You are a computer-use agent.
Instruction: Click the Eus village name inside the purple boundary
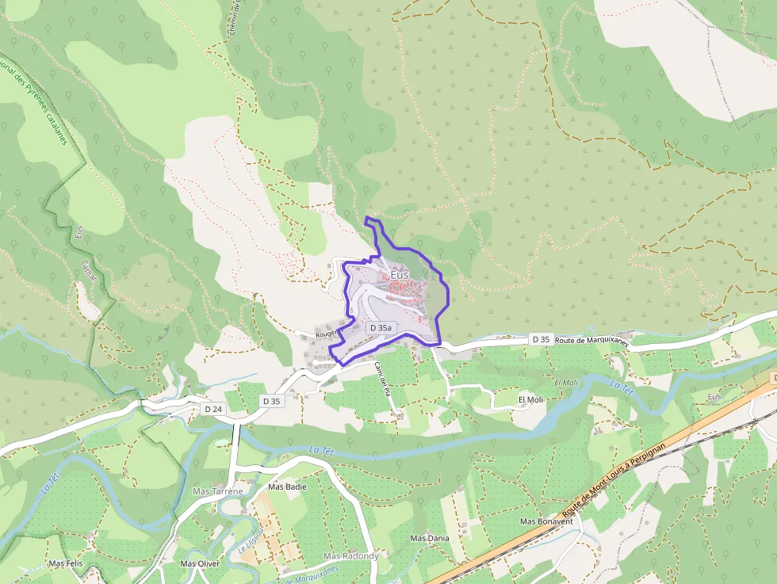click(400, 274)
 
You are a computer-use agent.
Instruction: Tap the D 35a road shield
click(380, 327)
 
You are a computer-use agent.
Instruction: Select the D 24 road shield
click(212, 409)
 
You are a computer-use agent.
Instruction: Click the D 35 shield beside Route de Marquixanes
click(541, 339)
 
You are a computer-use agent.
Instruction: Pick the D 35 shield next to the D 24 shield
click(271, 401)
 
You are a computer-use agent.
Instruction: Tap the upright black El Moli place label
click(531, 400)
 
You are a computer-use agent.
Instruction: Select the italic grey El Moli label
click(567, 383)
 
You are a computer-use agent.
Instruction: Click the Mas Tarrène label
click(217, 491)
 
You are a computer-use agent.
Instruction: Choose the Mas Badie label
click(287, 487)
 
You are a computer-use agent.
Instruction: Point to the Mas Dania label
click(430, 538)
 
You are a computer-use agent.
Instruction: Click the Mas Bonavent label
click(546, 521)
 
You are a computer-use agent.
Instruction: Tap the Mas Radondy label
click(350, 555)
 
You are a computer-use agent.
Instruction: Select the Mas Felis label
click(66, 563)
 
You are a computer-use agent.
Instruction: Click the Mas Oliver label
click(200, 563)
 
